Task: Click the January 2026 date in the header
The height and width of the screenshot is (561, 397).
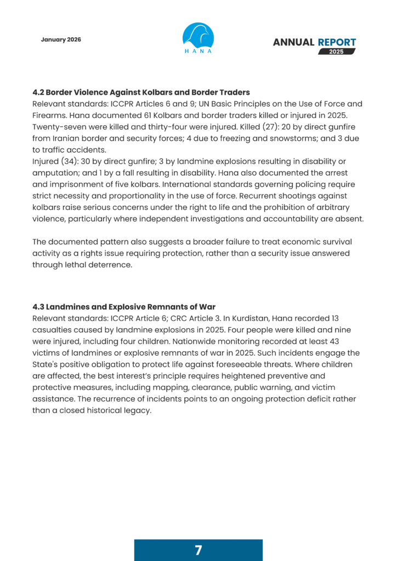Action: pyautogui.click(x=61, y=39)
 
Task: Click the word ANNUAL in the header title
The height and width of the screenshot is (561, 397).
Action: pyautogui.click(x=293, y=42)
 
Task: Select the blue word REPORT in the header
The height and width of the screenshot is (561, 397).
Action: pyautogui.click(x=337, y=42)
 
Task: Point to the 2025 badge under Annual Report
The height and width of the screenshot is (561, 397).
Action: pyautogui.click(x=337, y=51)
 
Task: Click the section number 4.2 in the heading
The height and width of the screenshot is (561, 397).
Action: pyautogui.click(x=39, y=92)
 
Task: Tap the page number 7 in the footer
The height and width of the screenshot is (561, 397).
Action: pyautogui.click(x=198, y=550)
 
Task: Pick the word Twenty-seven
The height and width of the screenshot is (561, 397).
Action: pyautogui.click(x=59, y=127)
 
